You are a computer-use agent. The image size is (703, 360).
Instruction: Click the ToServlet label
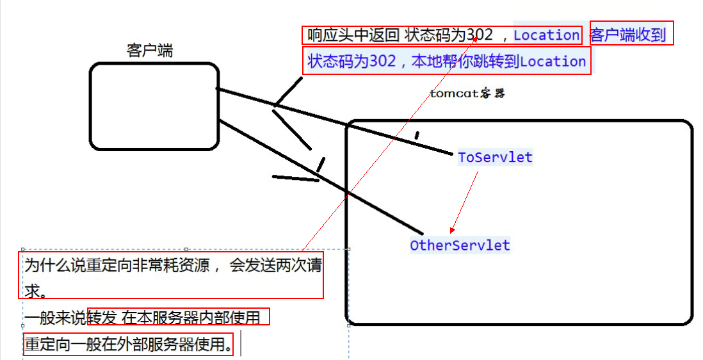click(x=495, y=157)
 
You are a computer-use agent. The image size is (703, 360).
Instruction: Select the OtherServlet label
click(x=460, y=245)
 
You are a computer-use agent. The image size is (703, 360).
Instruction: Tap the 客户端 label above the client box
click(x=150, y=51)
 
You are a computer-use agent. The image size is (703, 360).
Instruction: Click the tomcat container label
click(x=467, y=94)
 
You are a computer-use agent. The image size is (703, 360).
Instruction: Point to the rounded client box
click(x=154, y=106)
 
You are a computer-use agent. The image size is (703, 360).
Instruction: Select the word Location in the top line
click(x=546, y=35)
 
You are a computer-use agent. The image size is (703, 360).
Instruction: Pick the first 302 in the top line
click(x=479, y=35)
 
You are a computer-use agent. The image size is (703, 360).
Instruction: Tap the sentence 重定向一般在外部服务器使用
click(x=127, y=345)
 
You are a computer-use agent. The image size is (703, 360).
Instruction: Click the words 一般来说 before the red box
click(x=55, y=317)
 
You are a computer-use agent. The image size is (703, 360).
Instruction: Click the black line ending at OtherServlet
click(x=320, y=176)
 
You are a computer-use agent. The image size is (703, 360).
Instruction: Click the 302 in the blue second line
click(x=383, y=61)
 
